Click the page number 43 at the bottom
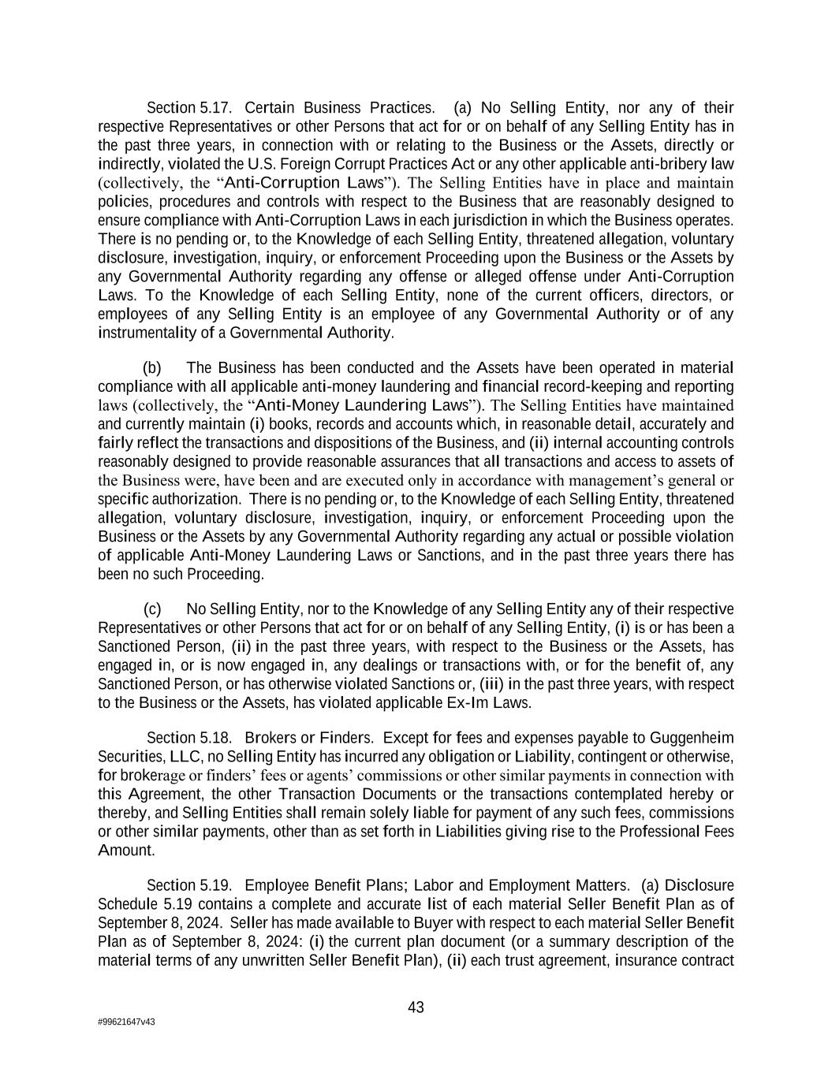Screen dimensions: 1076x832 416,1007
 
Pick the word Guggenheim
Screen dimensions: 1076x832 691,738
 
